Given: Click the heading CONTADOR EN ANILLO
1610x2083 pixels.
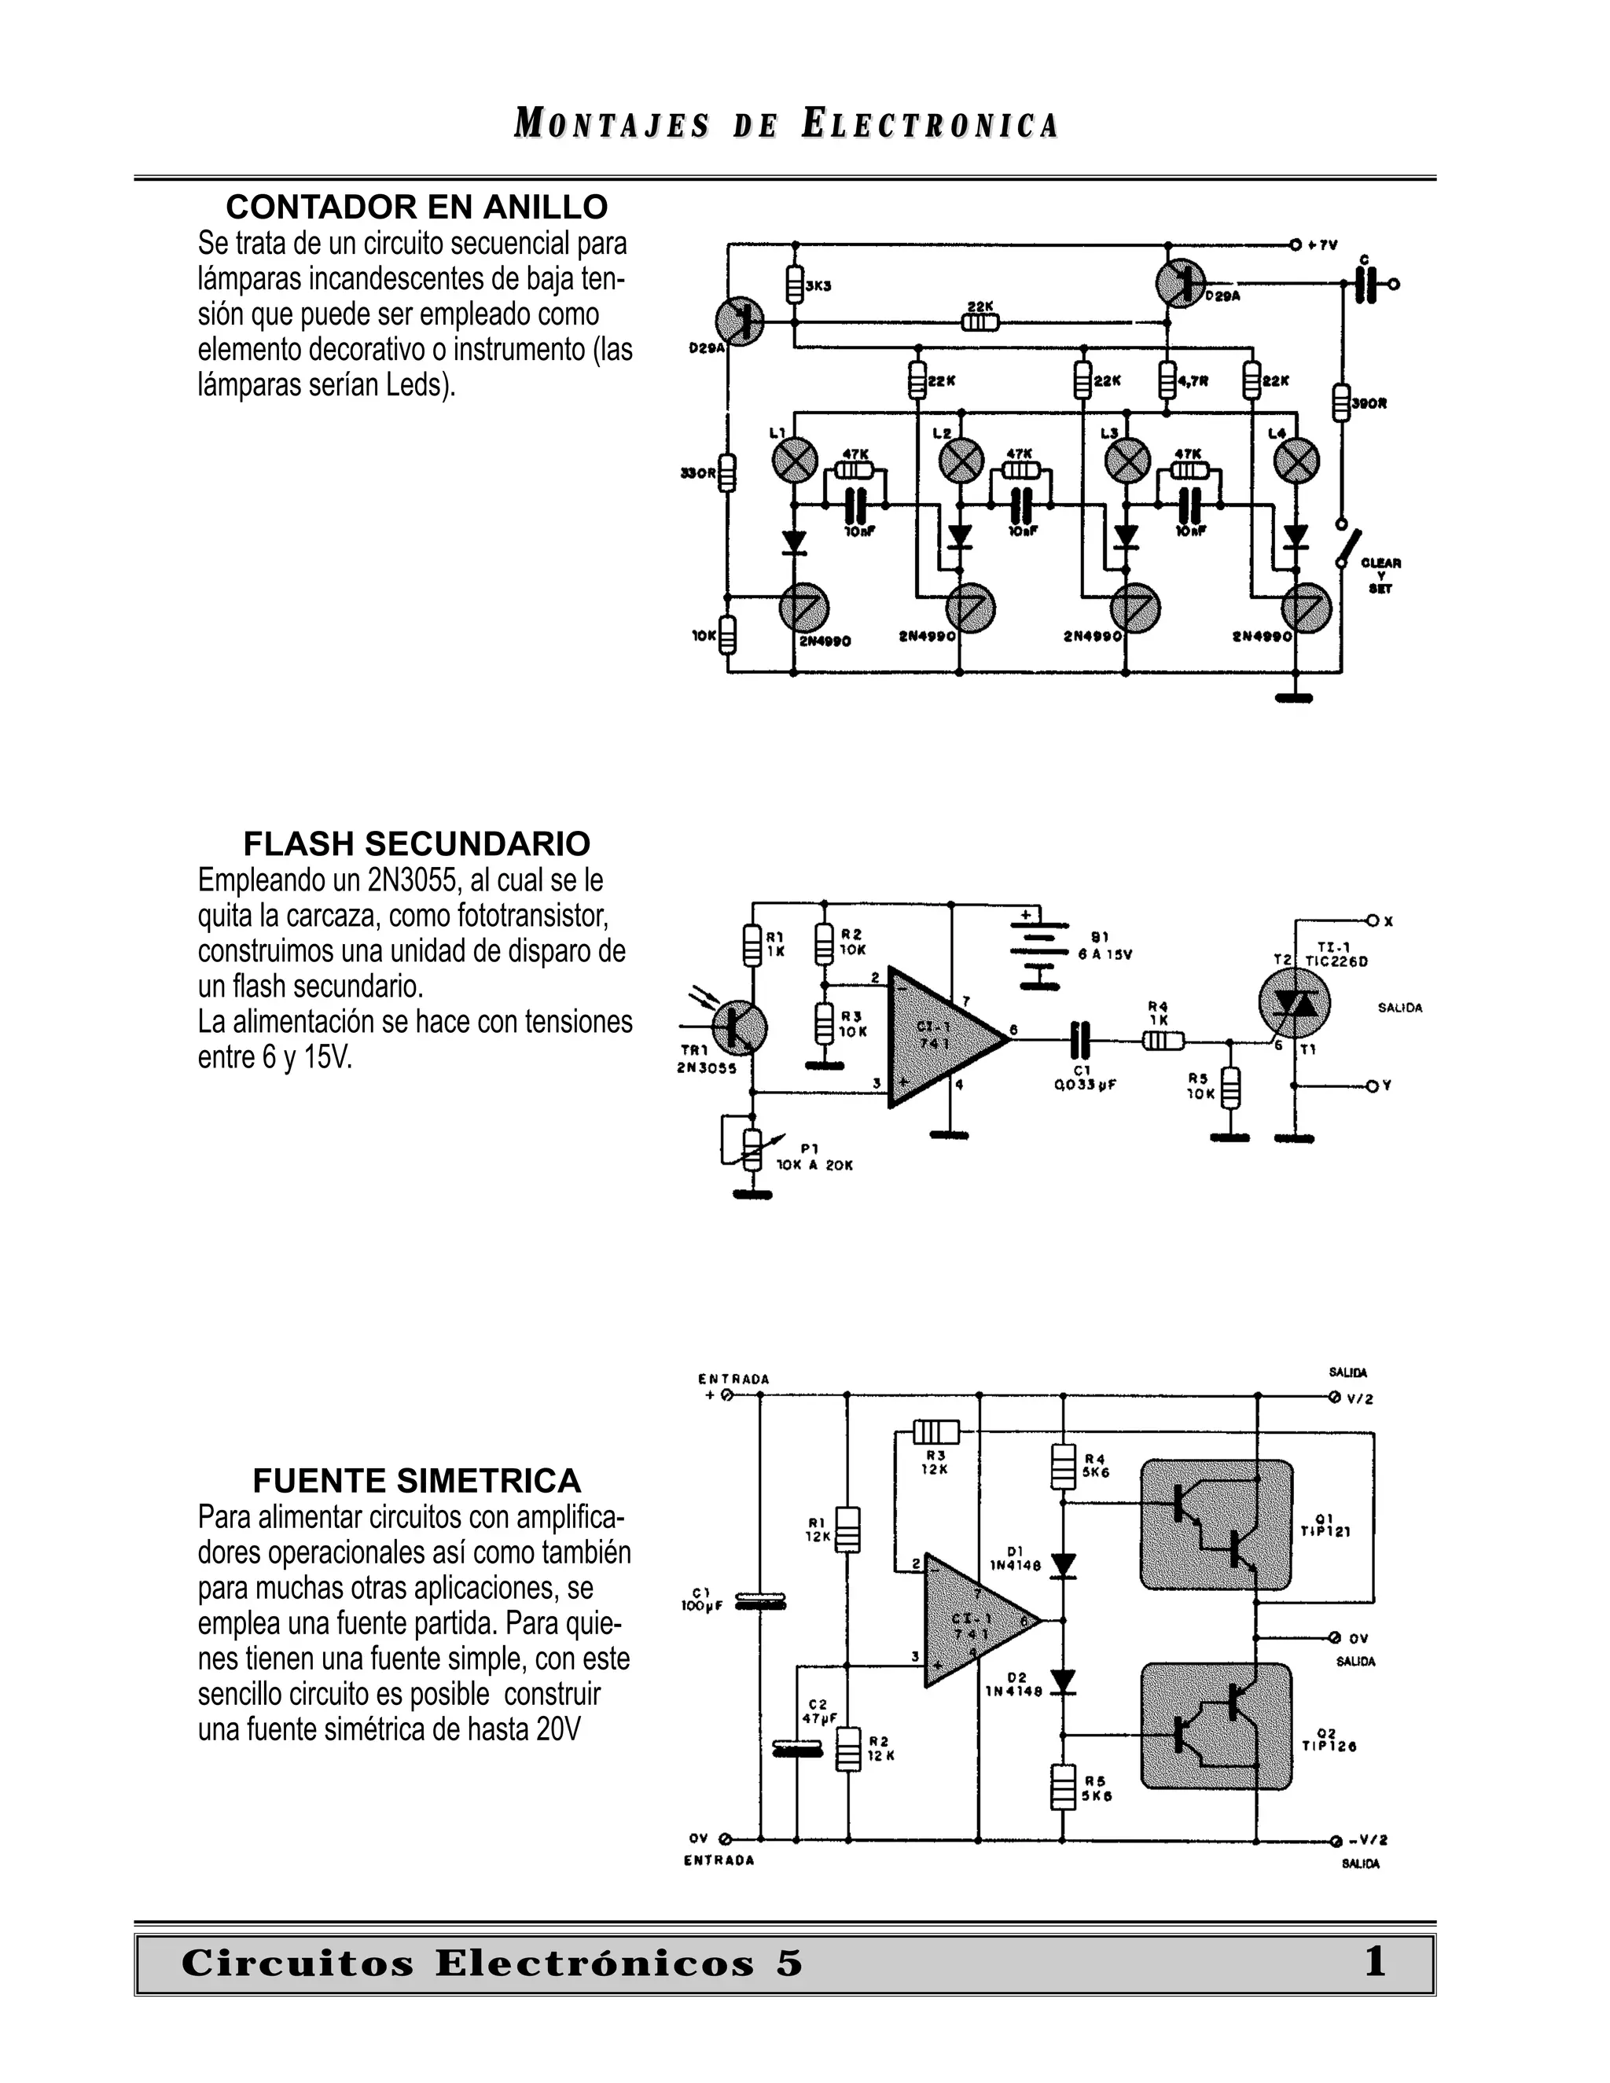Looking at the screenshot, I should click(x=417, y=207).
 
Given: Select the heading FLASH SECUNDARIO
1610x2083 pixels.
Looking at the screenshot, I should click(x=417, y=844).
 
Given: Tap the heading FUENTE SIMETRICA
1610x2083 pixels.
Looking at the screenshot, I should click(x=417, y=1481).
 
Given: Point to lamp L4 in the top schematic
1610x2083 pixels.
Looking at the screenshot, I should click(x=1296, y=462).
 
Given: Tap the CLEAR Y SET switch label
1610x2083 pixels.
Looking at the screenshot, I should click(x=1380, y=576).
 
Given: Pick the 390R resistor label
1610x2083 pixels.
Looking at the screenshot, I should click(x=1369, y=404).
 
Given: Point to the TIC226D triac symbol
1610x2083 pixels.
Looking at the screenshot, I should click(x=1294, y=1005).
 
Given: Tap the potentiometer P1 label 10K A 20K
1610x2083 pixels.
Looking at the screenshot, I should click(x=814, y=1165).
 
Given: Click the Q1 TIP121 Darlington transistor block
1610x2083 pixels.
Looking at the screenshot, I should click(x=1216, y=1524).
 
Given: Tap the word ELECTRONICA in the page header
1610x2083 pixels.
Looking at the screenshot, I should click(x=930, y=125).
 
